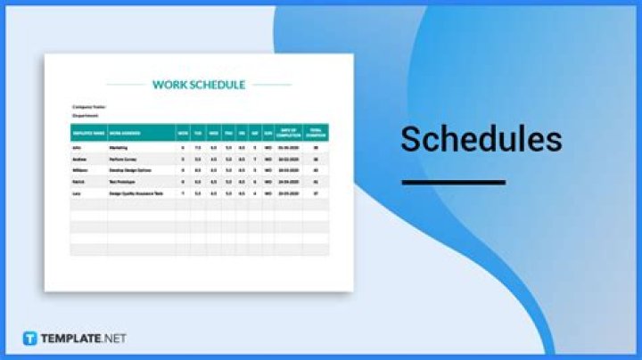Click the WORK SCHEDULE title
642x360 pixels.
pos(199,85)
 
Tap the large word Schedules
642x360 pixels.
pos(481,140)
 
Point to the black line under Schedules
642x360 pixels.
pos(453,182)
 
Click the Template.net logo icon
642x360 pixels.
pos(29,339)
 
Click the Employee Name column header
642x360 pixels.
pos(86,132)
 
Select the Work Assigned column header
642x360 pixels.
pos(124,132)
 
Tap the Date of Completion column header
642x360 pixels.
pos(286,132)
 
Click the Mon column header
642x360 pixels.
pos(183,132)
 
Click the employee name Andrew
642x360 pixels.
pos(78,159)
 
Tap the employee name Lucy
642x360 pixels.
pos(77,192)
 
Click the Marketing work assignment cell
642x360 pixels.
pos(118,147)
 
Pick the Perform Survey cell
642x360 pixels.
pos(122,159)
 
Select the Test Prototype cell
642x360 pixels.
pos(122,181)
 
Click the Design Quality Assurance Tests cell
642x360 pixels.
pos(136,192)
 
